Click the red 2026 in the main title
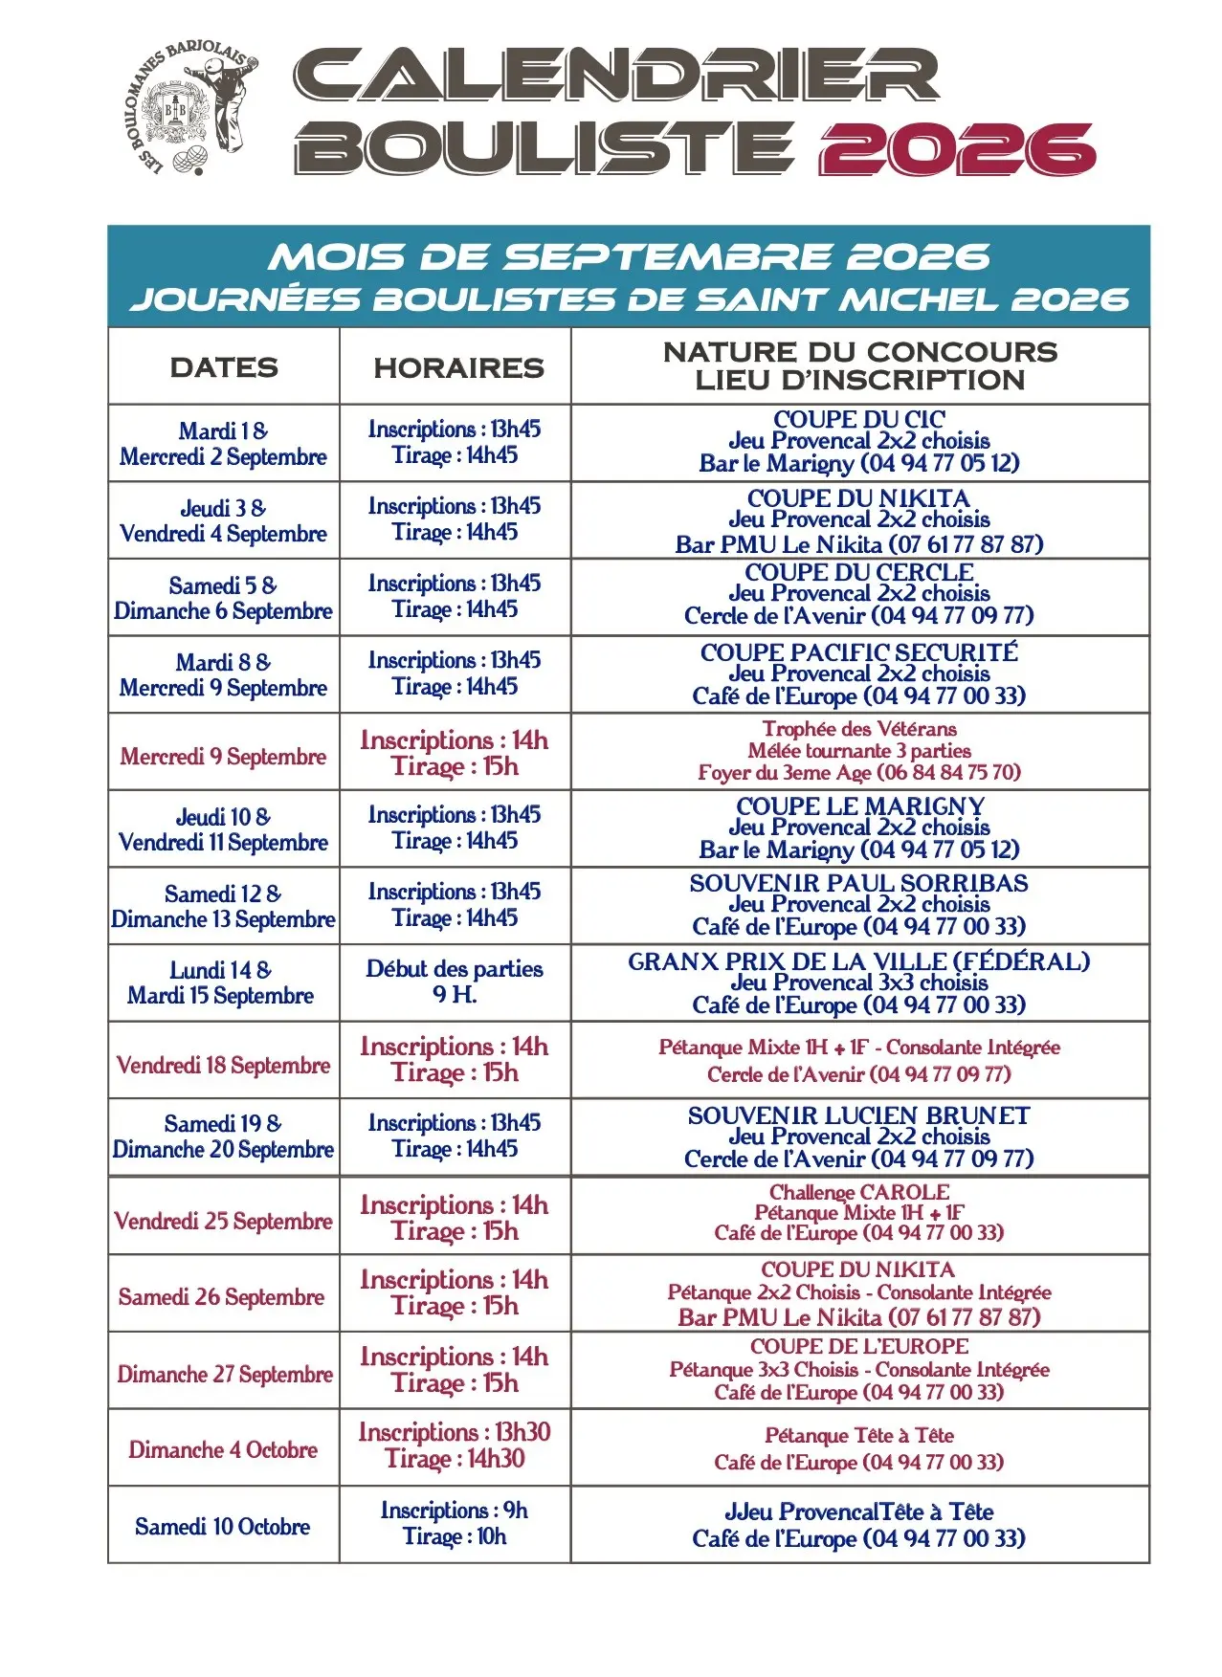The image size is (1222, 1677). [956, 149]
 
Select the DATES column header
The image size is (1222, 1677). [224, 367]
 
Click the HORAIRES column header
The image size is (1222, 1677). [458, 367]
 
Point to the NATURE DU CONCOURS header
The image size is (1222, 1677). [859, 352]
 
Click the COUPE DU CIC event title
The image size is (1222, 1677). [858, 419]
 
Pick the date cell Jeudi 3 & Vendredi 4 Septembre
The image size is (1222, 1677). [223, 520]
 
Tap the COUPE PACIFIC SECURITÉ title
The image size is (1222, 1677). [858, 652]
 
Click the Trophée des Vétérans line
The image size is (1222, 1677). [858, 729]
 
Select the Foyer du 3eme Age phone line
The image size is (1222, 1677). [858, 772]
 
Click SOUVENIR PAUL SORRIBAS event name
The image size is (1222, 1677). [858, 883]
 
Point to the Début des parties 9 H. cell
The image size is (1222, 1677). [455, 982]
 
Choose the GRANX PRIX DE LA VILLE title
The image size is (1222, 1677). [858, 961]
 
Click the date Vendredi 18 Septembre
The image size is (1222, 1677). [223, 1065]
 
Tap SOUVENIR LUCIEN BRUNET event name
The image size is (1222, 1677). [858, 1115]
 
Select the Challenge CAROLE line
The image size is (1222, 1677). [858, 1192]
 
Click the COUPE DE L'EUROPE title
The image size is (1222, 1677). [858, 1346]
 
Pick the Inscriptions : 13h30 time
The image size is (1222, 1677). [455, 1432]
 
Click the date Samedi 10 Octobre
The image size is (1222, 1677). [223, 1526]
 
